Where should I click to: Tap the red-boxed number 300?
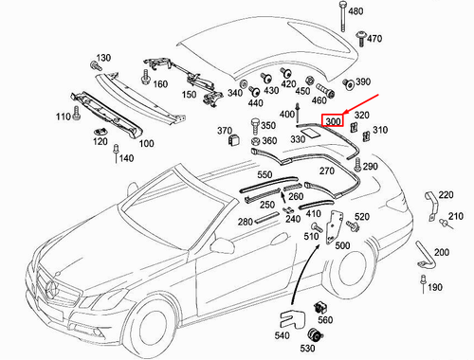(x=333, y=121)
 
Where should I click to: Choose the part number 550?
(x=264, y=175)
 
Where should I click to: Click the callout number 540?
(x=283, y=336)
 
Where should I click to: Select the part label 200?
(x=441, y=254)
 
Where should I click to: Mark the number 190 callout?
(x=435, y=287)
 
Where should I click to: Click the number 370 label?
(x=225, y=130)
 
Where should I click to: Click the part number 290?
(x=370, y=167)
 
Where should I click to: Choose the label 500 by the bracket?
(x=341, y=245)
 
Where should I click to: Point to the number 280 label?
(x=245, y=222)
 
